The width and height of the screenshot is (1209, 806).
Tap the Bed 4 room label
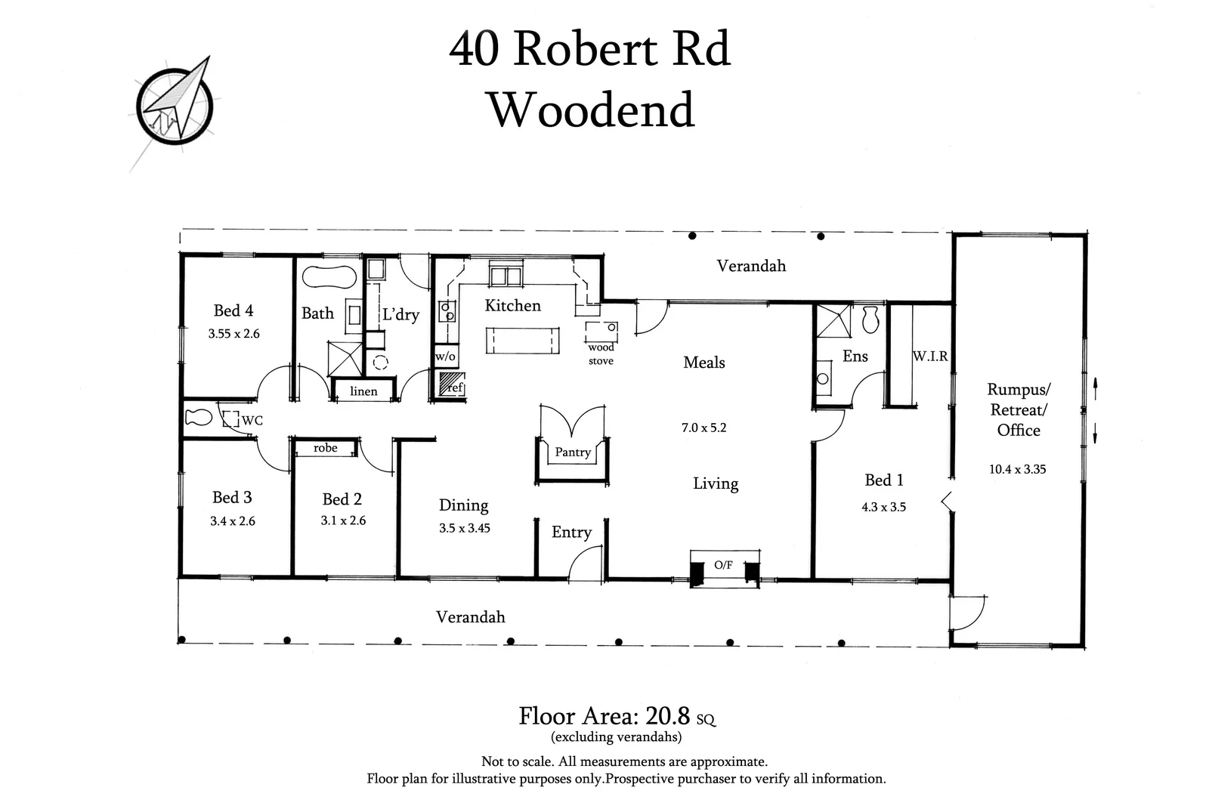coord(233,310)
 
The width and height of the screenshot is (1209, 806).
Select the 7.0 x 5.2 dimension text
coord(703,428)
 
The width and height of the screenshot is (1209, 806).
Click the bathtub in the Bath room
coord(329,276)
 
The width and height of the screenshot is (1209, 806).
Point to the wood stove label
coord(601,354)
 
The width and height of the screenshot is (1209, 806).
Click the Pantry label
coord(573,452)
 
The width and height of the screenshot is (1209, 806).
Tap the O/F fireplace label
coord(723,565)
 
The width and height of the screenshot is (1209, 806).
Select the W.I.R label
coord(929,356)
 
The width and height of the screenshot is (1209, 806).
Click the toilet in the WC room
coord(199,417)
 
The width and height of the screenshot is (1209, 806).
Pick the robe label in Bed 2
coord(326,448)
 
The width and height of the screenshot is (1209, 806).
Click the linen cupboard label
coord(363,391)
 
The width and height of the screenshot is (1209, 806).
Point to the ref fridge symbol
coord(451,385)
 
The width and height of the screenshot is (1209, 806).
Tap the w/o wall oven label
coord(445,357)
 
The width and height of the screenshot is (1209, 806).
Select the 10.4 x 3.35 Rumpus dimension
coord(1017,469)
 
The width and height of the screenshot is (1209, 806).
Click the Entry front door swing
coord(587,563)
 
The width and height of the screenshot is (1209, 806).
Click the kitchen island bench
coord(522,340)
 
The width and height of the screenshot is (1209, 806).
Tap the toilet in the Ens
coord(870,320)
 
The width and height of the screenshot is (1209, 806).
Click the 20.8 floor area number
coord(668,715)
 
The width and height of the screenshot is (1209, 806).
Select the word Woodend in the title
coord(592,110)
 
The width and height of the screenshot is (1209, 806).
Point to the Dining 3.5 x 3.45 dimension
coord(464,528)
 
